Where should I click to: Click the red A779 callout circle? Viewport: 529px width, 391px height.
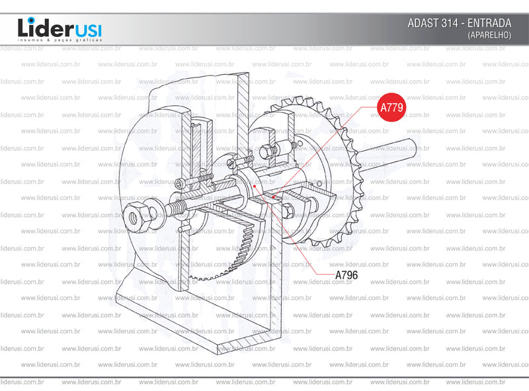click(391, 107)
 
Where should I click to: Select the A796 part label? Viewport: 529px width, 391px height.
click(346, 275)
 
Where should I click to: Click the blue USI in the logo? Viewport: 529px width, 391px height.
click(87, 31)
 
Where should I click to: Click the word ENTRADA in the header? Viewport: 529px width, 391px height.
click(489, 23)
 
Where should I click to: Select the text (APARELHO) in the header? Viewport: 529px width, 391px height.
click(489, 35)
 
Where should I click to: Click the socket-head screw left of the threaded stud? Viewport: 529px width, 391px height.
click(179, 183)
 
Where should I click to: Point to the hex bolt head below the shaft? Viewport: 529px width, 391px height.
click(288, 211)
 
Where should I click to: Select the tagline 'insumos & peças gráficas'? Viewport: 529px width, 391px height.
click(60, 40)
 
